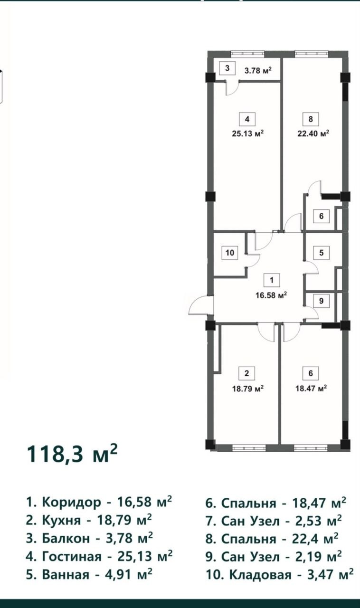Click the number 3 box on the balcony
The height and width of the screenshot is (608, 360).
pos(227,68)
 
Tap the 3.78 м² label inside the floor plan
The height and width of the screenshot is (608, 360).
pos(258,71)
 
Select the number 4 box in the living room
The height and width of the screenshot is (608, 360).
pos(247,119)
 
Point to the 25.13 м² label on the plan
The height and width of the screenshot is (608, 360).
pos(248,133)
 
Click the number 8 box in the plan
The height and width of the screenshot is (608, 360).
pos(311,119)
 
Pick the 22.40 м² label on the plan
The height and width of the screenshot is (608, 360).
pos(313,133)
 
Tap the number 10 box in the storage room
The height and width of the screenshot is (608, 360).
pos(230,253)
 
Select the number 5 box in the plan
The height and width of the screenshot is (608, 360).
pos(322,253)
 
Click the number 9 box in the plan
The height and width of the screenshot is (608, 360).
pos(321,301)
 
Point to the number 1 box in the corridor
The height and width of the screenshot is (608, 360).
pos(272,280)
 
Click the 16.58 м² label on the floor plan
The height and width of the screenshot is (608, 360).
pos(271,295)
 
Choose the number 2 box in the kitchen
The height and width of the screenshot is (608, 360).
pos(246,373)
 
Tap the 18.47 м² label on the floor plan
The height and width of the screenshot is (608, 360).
pos(311,388)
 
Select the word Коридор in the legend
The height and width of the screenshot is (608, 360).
pos(71,503)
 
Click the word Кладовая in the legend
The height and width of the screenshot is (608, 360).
pos(260,574)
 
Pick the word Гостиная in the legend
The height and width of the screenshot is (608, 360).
pos(72,557)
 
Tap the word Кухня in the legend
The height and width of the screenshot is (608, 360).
pos(61,520)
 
